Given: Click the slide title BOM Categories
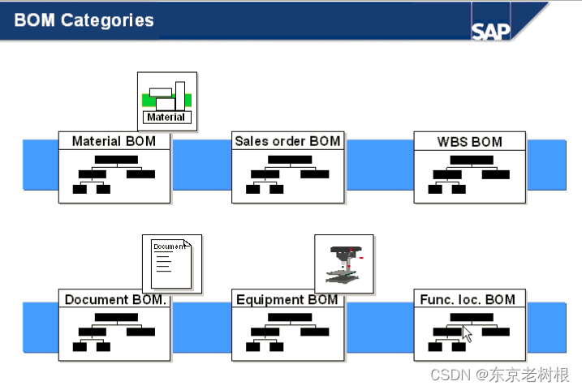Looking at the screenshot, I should [84, 20].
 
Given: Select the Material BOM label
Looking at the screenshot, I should [114, 141].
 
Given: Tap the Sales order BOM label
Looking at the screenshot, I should [287, 141].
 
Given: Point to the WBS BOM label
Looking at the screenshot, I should [470, 141].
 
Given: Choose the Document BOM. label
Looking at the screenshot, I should [115, 299].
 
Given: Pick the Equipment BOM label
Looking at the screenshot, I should [287, 299].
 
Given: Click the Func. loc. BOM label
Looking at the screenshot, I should [468, 299].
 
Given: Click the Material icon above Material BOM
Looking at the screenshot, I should [167, 101].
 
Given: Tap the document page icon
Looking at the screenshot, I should [171, 263].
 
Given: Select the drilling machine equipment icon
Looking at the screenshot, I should [343, 263].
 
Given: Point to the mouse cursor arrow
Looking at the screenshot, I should [467, 334].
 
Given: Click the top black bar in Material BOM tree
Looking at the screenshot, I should [116, 160].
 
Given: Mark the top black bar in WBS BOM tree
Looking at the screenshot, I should [472, 160].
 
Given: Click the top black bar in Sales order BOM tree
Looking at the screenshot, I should [290, 160].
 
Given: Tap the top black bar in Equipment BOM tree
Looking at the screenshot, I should [290, 318].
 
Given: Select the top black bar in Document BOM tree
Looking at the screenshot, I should [116, 318].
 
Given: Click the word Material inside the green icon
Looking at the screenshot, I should [166, 117].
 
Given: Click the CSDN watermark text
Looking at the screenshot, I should [499, 374].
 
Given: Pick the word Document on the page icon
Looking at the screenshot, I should [168, 246].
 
